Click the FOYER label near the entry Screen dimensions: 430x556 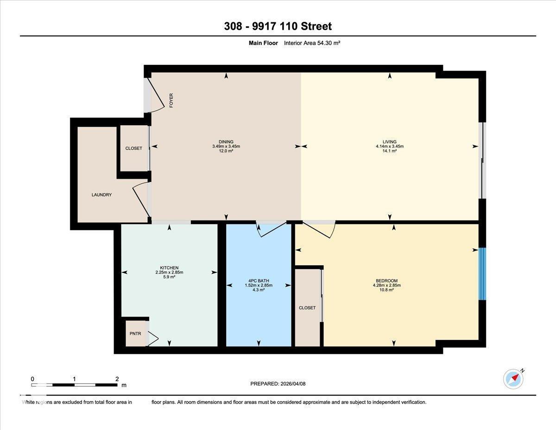point(171,101)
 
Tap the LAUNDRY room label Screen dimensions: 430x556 point(101,195)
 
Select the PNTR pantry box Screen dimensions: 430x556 point(135,334)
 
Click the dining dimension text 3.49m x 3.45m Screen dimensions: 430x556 point(226,146)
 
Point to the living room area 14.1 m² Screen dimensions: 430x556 point(390,151)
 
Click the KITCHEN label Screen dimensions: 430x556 point(169,268)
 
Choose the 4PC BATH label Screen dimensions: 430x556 point(259,281)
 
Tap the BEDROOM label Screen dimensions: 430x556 point(386,281)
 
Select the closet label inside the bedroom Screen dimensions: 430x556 point(307,308)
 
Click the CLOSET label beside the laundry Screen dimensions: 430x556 point(134,148)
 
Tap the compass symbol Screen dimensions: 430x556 point(513,379)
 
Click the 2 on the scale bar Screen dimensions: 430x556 point(117,379)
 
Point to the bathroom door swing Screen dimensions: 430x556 point(271,229)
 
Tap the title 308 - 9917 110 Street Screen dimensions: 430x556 point(278,26)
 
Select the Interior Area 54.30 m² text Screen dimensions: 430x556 point(312,43)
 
